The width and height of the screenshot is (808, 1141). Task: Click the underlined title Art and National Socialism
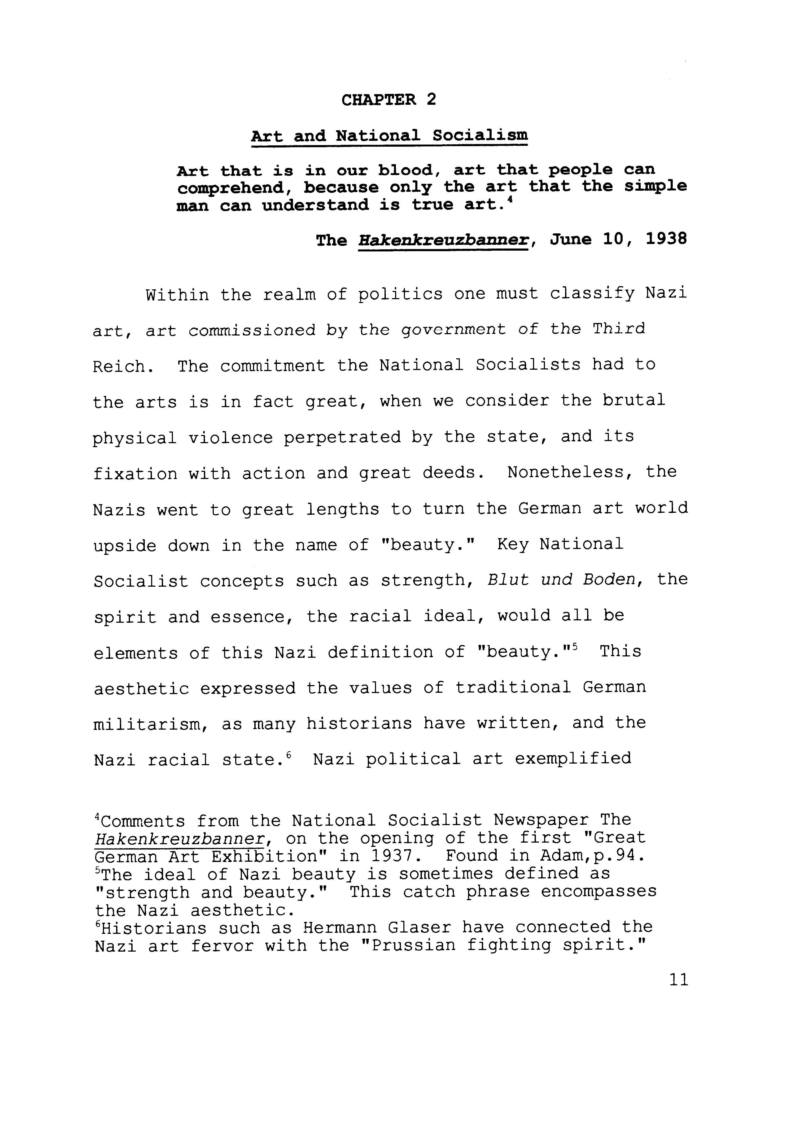click(x=389, y=135)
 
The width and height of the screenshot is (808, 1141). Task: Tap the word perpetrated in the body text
click(x=342, y=437)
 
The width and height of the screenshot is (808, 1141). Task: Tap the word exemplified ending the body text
click(x=573, y=759)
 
